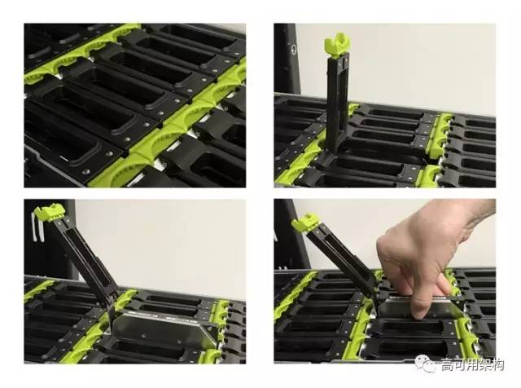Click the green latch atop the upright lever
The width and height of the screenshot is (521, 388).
pos(336,45)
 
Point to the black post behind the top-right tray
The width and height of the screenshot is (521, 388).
pos(287,60)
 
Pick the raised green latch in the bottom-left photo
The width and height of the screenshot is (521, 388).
pos(50,212)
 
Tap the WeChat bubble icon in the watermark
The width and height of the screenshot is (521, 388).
pos(426,364)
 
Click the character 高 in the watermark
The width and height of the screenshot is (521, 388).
pos(448,364)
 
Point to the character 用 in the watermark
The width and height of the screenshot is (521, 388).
pos(473,364)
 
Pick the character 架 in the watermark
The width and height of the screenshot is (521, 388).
pos(485,364)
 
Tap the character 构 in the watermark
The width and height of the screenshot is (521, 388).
pos(498,364)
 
